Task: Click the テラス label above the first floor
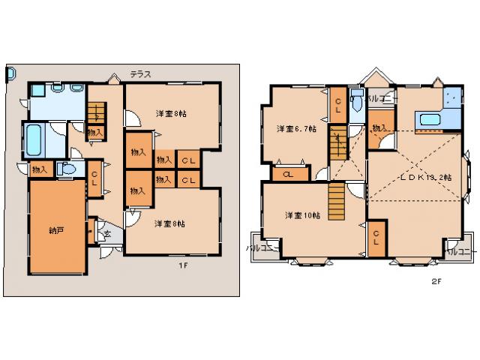(x=141, y=73)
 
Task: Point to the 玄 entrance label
(x=106, y=235)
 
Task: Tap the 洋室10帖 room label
(x=303, y=215)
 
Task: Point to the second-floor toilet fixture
(x=356, y=101)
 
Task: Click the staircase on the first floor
(x=96, y=115)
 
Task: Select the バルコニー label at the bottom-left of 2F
(x=262, y=247)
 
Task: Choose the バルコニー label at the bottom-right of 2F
(x=460, y=250)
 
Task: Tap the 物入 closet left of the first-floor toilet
(x=39, y=170)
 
